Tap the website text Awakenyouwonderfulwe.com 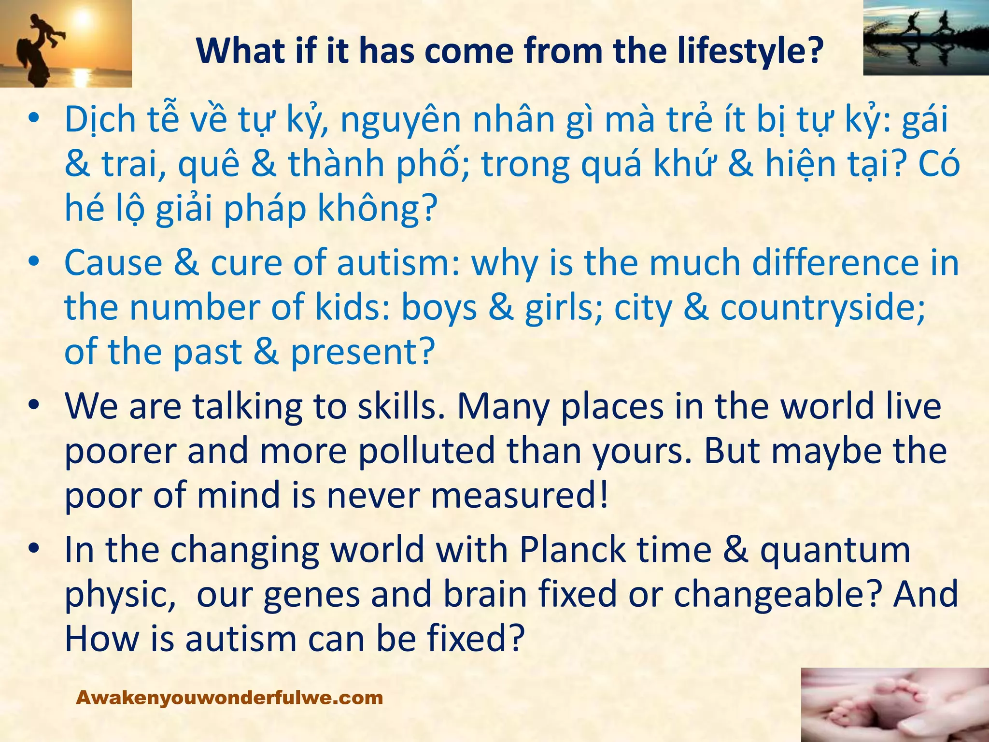click(229, 698)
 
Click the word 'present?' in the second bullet click(363, 353)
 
